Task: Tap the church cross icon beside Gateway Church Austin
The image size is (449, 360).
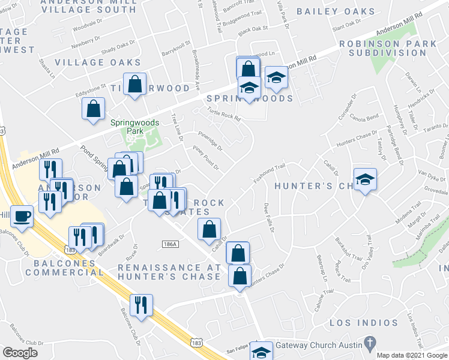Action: pyautogui.click(x=371, y=344)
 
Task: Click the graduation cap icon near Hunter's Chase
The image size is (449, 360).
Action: pyautogui.click(x=364, y=179)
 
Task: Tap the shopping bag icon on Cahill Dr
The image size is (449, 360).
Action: pyautogui.click(x=208, y=229)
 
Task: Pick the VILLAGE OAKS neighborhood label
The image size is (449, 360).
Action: pyautogui.click(x=98, y=62)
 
